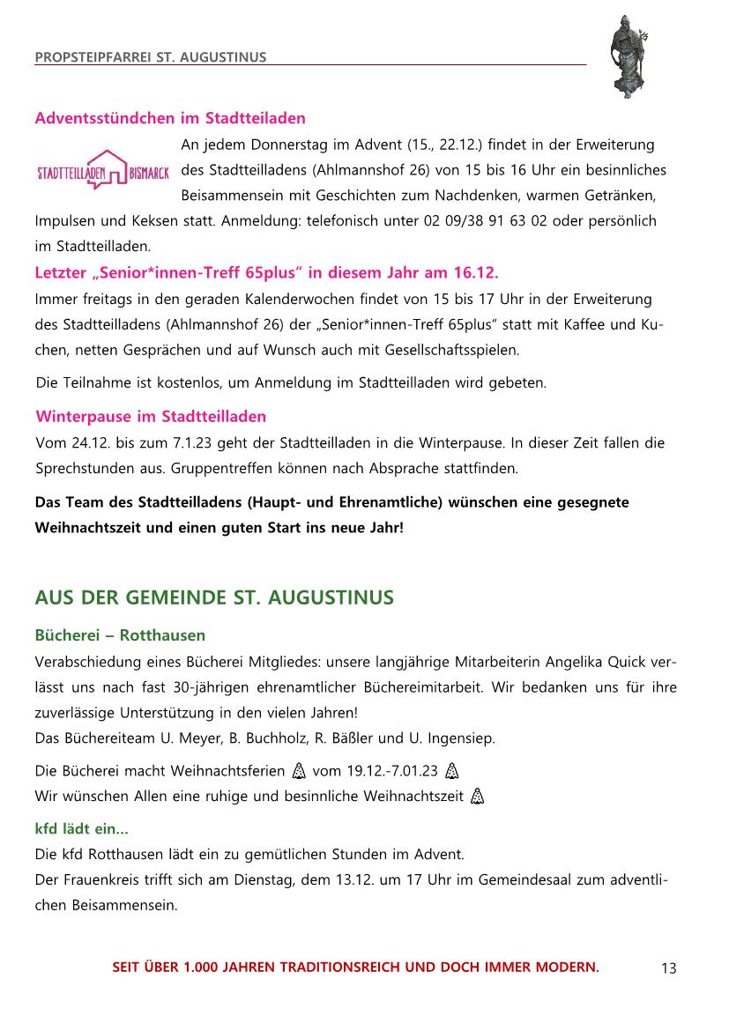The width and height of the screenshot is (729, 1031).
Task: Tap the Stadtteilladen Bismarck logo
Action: coord(102,170)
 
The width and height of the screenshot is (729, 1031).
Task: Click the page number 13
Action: coord(668,968)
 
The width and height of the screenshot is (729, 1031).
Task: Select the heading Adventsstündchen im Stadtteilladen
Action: coord(170,118)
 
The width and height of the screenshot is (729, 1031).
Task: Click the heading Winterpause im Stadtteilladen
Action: coord(151,416)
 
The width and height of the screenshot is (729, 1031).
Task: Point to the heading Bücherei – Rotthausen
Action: coord(120,635)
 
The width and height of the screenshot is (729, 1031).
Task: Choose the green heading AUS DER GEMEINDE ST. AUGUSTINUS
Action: coord(214,598)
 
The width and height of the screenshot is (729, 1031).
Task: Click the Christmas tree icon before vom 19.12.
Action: coord(298,771)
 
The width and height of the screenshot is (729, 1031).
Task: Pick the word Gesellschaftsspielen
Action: coord(452,350)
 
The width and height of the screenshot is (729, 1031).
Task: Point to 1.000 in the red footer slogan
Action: coord(204,968)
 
